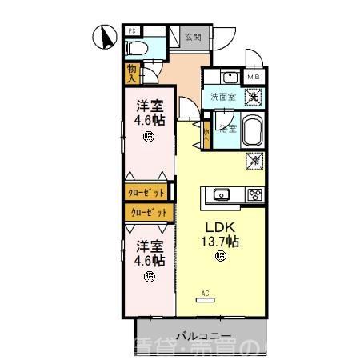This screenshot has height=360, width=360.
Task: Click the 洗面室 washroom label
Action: click(222, 97)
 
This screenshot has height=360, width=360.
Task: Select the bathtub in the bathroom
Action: click(252, 130)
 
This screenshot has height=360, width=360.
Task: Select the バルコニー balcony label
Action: click(203, 336)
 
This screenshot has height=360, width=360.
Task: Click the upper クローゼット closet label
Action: click(146, 193)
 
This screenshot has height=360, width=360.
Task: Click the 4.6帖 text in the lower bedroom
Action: click(150, 261)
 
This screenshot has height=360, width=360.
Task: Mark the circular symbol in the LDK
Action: click(219, 255)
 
